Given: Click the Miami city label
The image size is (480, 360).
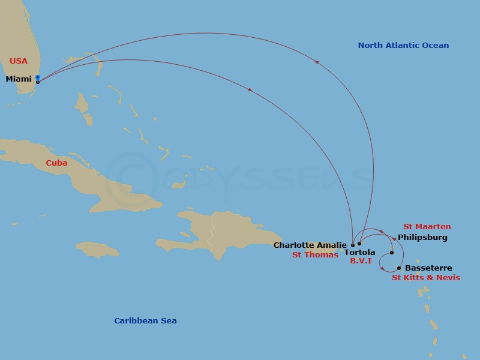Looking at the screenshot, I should point(19,79).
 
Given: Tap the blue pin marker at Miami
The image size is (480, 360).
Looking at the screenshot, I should point(38,79).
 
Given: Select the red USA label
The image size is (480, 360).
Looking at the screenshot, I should point(19,61).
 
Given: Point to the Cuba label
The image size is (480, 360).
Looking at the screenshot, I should point(56,163).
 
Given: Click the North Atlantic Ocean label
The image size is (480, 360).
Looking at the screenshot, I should point(403,46).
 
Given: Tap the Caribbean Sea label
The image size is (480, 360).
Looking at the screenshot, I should point(145,321).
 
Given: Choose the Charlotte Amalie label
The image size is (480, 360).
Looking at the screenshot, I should point(310,245).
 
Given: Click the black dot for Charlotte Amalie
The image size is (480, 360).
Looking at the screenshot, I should point(353,245).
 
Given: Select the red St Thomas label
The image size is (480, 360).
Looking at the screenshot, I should point(315,255).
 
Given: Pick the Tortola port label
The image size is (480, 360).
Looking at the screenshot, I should point(360,253).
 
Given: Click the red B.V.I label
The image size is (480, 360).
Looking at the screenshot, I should point(361,262).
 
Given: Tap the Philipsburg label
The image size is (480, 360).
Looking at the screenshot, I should point(422,238).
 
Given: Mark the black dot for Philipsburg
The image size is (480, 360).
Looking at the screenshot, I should point(392,253).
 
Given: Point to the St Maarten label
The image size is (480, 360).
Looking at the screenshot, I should point(427,227).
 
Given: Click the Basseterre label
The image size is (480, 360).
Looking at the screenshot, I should point(428,268).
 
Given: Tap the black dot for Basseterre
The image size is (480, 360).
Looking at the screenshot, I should point(399,268).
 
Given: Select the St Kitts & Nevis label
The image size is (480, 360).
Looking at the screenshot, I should point(426,278).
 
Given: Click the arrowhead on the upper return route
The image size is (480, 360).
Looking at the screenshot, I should point(316,62).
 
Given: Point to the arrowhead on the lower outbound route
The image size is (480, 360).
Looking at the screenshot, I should point(249,90).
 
